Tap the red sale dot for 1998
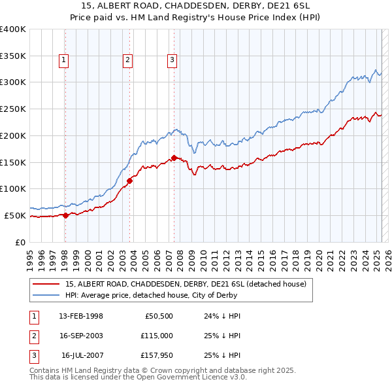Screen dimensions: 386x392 pyautogui.click(x=65, y=215)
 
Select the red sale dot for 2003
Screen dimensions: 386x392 pyautogui.click(x=130, y=181)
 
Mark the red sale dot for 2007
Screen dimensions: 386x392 pyautogui.click(x=174, y=158)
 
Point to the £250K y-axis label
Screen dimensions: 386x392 pyautogui.click(x=12, y=109)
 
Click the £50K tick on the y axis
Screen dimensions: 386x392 pyautogui.click(x=15, y=215)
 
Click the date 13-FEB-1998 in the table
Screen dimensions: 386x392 pyautogui.click(x=81, y=315)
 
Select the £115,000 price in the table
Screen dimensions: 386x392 pyautogui.click(x=157, y=336)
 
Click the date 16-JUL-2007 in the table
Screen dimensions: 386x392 pyautogui.click(x=82, y=355)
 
